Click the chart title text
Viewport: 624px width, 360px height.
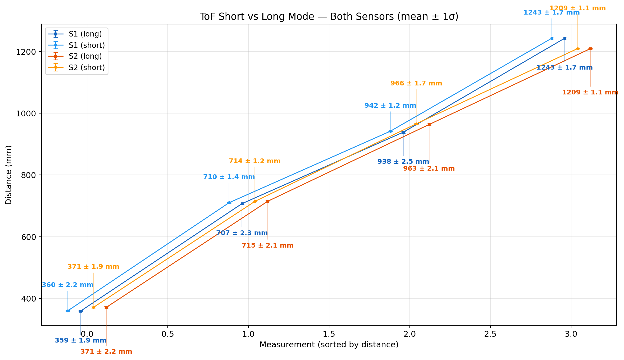[329, 17]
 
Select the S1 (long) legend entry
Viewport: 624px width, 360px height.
[85, 34]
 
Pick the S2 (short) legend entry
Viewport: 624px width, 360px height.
[86, 68]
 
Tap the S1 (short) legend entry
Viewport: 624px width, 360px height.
[86, 45]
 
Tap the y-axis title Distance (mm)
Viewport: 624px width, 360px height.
[8, 175]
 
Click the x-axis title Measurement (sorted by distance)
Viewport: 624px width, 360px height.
[329, 345]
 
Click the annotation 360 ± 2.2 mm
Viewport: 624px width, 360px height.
[68, 285]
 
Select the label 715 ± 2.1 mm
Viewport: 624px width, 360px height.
[267, 245]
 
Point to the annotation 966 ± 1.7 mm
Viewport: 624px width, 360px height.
[416, 83]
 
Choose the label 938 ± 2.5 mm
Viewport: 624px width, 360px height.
[403, 162]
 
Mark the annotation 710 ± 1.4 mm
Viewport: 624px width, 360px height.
[229, 177]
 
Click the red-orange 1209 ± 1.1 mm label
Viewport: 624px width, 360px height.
[590, 92]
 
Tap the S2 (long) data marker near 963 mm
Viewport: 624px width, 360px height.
[429, 125]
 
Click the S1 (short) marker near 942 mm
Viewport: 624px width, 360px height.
[390, 131]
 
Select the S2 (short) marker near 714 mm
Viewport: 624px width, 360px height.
[255, 202]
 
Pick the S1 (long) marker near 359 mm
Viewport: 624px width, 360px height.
[81, 311]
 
